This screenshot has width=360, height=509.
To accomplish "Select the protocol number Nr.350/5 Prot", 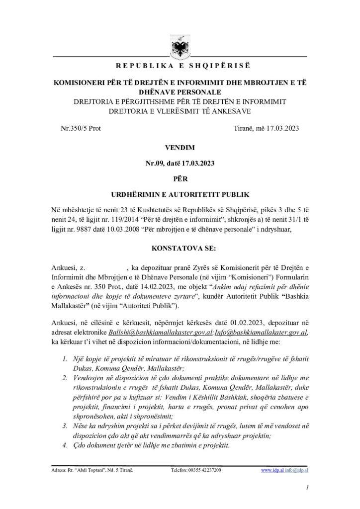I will coord(80,128).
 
